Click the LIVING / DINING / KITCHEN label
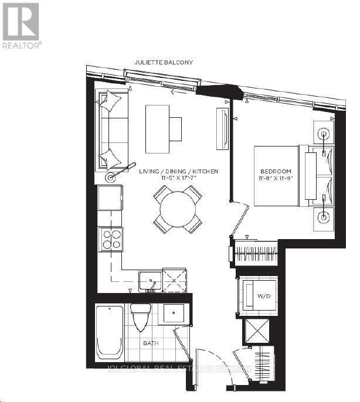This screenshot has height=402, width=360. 179,171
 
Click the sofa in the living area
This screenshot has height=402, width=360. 111,130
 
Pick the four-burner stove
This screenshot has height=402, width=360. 110,239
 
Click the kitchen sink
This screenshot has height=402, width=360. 150,281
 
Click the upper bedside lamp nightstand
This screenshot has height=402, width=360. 323,134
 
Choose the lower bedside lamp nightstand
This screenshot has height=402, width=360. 323,217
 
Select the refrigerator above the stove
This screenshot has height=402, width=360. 110,197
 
